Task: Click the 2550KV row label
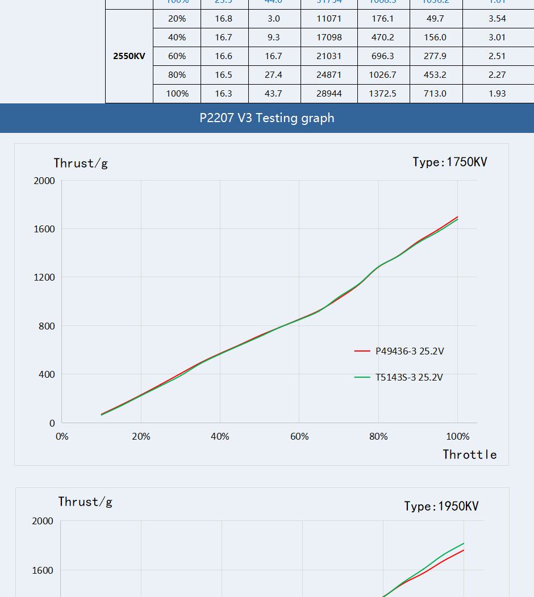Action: (129, 56)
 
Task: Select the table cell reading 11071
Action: (329, 19)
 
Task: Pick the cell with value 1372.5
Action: (382, 94)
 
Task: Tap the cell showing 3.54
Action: (497, 19)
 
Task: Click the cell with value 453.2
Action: (435, 75)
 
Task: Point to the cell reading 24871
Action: (329, 75)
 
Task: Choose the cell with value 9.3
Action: (273, 37)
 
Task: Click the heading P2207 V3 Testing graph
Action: (267, 118)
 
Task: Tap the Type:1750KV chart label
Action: (450, 162)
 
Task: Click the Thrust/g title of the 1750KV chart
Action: (81, 164)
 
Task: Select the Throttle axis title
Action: (470, 454)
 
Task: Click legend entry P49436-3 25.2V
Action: (410, 351)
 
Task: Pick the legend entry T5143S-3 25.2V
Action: (409, 377)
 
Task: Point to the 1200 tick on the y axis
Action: (44, 277)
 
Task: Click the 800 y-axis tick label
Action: (47, 326)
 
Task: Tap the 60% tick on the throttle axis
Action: (299, 437)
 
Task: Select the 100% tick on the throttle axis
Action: (457, 437)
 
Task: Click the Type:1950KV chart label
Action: (441, 506)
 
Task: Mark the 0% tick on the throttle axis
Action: (61, 437)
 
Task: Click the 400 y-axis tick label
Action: (47, 374)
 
